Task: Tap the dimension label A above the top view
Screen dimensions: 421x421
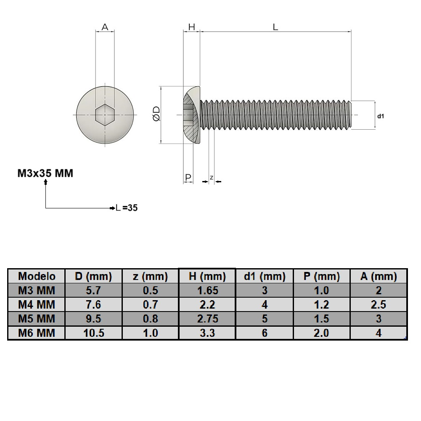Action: click(105, 27)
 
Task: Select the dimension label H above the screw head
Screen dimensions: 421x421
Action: click(191, 27)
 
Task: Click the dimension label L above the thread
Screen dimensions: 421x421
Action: click(275, 27)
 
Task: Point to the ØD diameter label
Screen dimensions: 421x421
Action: click(156, 115)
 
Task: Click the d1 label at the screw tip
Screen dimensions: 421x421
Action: click(381, 115)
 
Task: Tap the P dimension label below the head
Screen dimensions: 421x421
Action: click(188, 177)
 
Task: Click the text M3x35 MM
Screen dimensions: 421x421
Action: click(45, 173)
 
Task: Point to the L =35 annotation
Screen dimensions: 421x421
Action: click(127, 208)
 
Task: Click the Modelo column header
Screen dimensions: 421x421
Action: click(37, 277)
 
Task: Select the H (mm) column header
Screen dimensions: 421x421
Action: click(207, 277)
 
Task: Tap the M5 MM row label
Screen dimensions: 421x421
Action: click(37, 319)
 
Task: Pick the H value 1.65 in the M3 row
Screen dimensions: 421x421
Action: click(207, 290)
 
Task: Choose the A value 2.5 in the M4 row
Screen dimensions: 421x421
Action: click(379, 304)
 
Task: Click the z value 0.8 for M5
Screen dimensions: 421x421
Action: click(150, 319)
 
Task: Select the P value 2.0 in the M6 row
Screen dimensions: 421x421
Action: click(321, 333)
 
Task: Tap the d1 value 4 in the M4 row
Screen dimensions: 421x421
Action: click(265, 304)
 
